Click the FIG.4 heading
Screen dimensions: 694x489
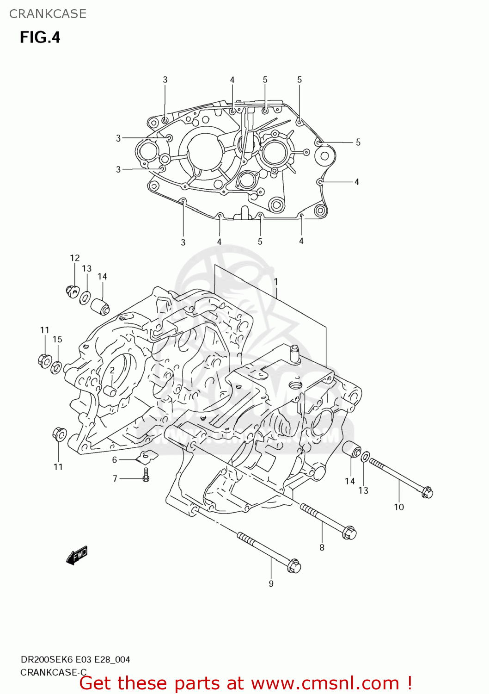tap(40, 37)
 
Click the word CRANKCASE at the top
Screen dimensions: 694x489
tap(48, 14)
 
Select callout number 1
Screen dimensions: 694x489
tap(276, 281)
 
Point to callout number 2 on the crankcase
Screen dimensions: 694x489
tap(112, 370)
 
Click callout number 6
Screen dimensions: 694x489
tap(115, 459)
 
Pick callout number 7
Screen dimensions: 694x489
tap(115, 478)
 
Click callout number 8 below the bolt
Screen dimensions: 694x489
tap(322, 547)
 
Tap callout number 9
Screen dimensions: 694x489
tap(271, 583)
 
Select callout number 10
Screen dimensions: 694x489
tap(398, 507)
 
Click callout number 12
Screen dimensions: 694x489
tap(75, 258)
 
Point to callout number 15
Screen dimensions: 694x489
tap(57, 339)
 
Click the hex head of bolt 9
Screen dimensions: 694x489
tap(294, 566)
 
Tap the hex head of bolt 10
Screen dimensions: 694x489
tap(427, 492)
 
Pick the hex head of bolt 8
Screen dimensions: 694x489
tap(349, 533)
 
